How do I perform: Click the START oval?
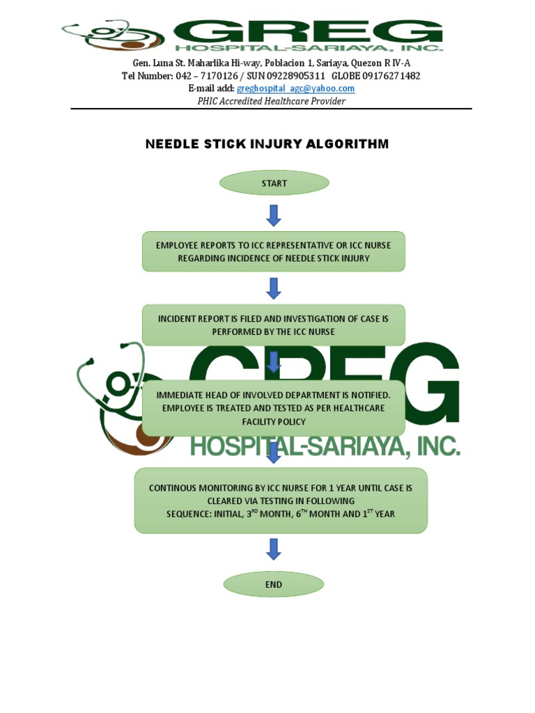tap(274, 184)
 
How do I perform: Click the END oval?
tap(274, 585)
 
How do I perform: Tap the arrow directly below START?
tap(274, 215)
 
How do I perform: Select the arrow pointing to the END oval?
tap(274, 549)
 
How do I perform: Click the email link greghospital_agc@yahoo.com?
tap(295, 88)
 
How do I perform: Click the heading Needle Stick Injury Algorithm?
tap(267, 144)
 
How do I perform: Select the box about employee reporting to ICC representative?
tap(274, 251)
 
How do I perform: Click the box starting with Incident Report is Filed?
tap(274, 325)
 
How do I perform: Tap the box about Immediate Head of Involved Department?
tap(274, 408)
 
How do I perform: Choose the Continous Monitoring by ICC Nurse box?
tap(281, 501)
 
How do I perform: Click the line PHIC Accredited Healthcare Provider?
tap(272, 101)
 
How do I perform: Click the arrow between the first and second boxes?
tap(274, 288)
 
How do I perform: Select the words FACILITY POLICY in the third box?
tap(274, 422)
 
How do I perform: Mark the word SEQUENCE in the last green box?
tap(190, 514)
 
